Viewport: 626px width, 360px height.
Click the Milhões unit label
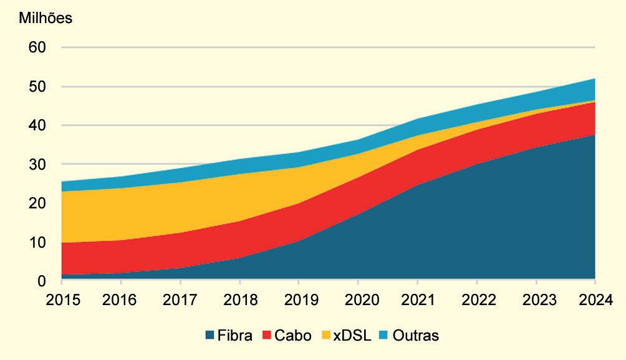46,18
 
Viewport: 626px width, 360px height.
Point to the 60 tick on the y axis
37,47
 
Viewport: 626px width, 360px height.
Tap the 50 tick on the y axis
37,86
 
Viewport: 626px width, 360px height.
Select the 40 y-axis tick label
37,125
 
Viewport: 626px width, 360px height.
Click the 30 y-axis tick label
37,164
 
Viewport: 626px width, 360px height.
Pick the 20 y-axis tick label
37,203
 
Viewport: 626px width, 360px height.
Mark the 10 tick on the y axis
37,242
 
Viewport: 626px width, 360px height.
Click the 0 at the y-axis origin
41,281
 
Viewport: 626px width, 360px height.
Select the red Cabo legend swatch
267,336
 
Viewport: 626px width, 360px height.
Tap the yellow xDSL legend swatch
324,336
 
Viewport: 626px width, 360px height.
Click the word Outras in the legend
417,336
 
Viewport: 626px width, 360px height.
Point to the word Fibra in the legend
234,336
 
